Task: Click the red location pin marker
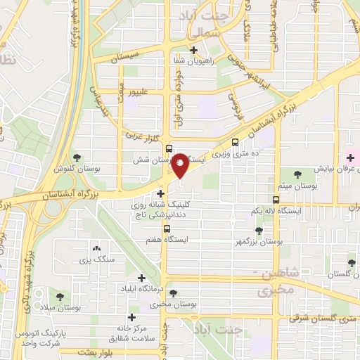coord(180,165)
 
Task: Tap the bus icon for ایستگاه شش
coord(169,148)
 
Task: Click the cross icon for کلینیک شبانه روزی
coord(162,192)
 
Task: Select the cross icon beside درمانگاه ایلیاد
coord(143,278)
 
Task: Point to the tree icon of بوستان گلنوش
coord(77,157)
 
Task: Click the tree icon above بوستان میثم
coord(298,173)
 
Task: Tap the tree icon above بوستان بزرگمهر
coord(259,230)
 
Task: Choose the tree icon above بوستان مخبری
coord(174,294)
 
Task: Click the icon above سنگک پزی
coord(97,248)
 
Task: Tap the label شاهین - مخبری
coord(268,281)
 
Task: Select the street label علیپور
coord(134,90)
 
